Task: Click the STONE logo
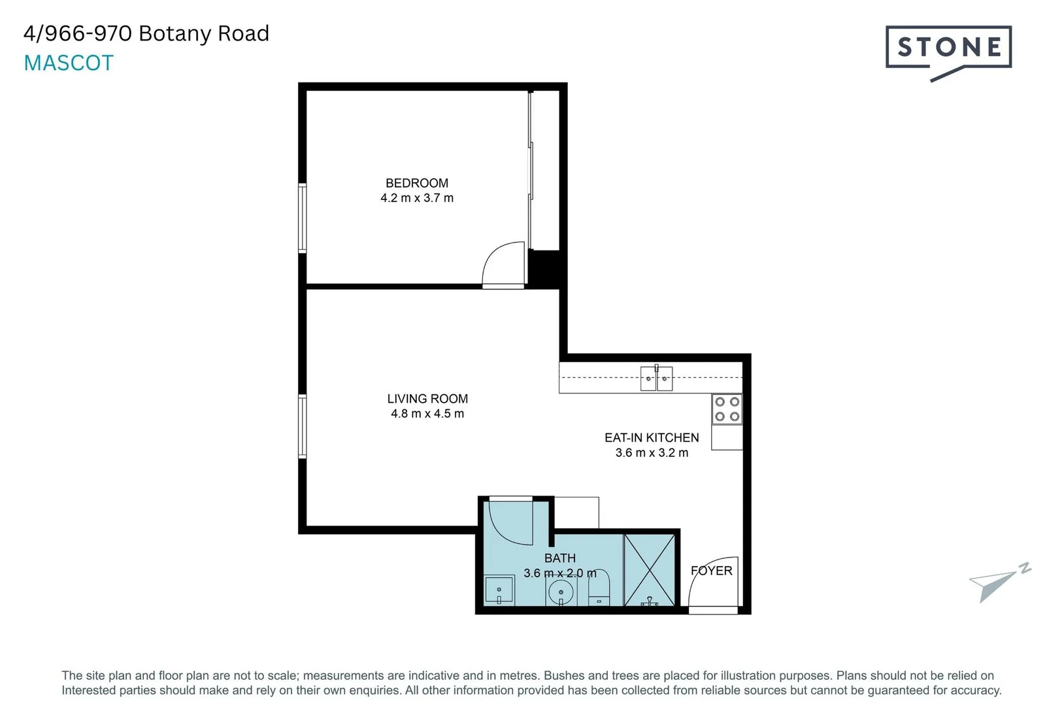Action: (948, 48)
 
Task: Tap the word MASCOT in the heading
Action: (69, 63)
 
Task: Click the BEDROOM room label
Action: (417, 183)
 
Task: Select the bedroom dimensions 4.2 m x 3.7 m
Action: (417, 198)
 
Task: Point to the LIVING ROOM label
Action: (427, 399)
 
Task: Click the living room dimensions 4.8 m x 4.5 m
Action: (427, 414)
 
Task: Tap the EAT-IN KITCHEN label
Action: (652, 438)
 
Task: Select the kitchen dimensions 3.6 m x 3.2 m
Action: (652, 453)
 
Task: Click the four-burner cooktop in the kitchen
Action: (727, 409)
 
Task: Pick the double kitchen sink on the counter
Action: (656, 378)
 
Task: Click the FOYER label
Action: (711, 571)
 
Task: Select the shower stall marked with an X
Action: (649, 570)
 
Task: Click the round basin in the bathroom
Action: (561, 594)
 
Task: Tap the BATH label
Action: (560, 558)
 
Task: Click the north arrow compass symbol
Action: (997, 580)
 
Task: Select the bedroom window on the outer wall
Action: (303, 218)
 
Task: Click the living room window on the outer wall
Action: (303, 426)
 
